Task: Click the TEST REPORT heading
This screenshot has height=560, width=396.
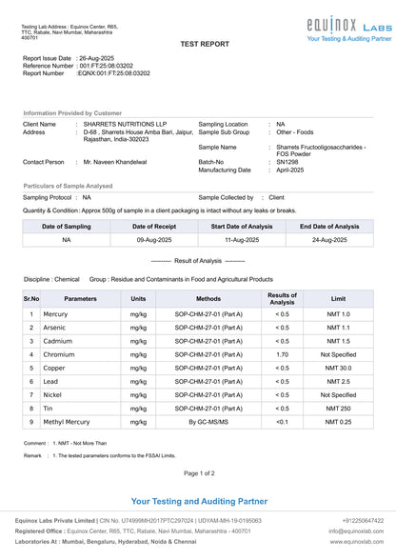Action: click(205, 44)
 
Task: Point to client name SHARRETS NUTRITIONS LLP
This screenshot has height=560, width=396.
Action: click(125, 124)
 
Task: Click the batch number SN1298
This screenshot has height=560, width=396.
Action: click(287, 162)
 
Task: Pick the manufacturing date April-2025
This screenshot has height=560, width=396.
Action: click(289, 170)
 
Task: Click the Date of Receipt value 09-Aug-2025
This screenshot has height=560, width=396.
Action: click(153, 240)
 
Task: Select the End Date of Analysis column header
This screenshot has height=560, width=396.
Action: click(329, 227)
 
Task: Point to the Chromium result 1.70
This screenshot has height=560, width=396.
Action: click(282, 354)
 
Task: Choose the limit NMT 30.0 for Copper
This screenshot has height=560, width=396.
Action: click(338, 368)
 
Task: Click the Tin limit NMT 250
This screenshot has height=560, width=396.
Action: click(338, 408)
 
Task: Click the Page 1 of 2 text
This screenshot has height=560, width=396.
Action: click(199, 472)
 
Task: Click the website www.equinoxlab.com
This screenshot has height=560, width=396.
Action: click(357, 541)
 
